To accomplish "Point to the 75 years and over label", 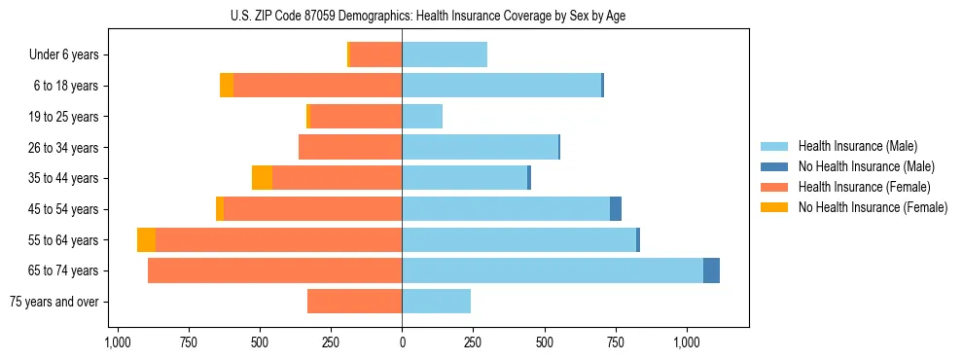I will tap(54, 302).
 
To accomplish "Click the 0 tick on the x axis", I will tap(402, 342).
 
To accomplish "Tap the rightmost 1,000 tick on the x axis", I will tap(687, 342).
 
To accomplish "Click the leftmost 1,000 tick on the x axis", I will tap(117, 342).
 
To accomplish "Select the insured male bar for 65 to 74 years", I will tap(552, 270).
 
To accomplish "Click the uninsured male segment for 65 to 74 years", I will tap(711, 270).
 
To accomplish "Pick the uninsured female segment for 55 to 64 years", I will tap(146, 240).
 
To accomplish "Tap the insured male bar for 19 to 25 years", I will tap(422, 117).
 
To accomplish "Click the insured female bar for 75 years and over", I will tap(355, 302).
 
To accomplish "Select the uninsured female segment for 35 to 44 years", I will tap(262, 178).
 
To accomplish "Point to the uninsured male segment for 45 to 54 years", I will tap(616, 209).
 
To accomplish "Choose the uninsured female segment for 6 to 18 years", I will tap(227, 86).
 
